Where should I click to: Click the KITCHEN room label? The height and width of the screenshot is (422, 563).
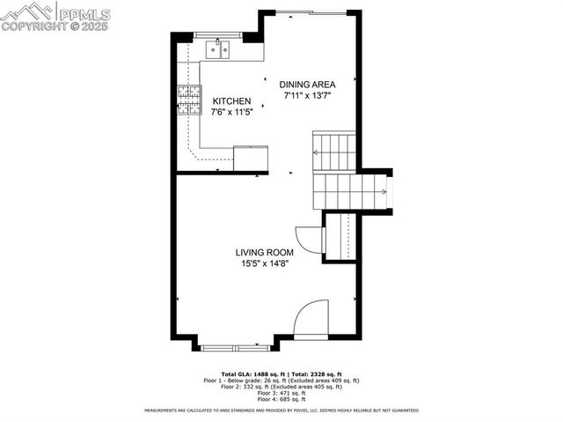232,101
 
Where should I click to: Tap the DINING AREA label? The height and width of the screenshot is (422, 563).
307,85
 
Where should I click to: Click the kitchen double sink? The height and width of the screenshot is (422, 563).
219,50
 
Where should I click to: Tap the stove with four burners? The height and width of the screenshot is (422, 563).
188,100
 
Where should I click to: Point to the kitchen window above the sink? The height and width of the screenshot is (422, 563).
219,36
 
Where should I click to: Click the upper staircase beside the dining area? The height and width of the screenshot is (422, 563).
334,152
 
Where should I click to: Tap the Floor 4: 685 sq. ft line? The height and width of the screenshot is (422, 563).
281,399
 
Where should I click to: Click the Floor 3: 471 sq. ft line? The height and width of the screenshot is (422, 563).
281,393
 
